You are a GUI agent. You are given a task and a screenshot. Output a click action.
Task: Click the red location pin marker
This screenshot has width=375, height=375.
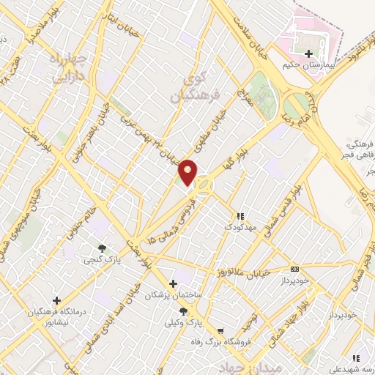coord(189,172)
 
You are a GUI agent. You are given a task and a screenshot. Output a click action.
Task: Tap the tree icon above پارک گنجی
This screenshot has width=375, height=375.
coord(102,248)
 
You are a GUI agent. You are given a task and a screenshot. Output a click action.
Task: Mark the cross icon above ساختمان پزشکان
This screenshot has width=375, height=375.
coord(173,283)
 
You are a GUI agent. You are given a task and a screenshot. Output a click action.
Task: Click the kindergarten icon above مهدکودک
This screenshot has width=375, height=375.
coord(240,216)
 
